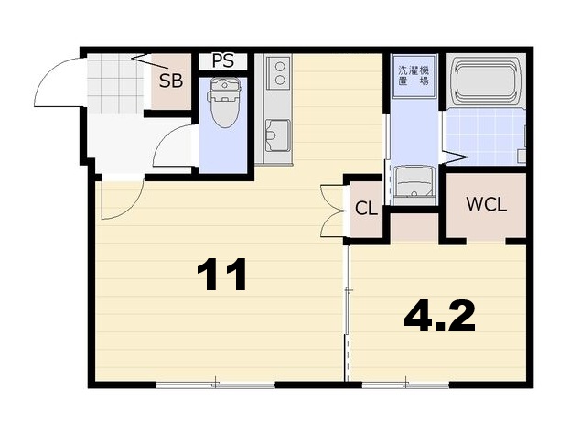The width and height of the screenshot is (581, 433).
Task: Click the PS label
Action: [x=222, y=60]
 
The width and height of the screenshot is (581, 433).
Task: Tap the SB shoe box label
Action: [x=171, y=81]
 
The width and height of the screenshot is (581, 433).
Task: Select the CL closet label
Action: [x=366, y=209]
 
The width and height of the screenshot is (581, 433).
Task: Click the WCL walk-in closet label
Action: [x=486, y=204]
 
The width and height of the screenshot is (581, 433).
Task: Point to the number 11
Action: [x=221, y=275]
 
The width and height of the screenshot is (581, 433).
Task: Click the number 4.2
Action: [x=439, y=316]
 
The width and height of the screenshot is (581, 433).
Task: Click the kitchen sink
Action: [x=277, y=135]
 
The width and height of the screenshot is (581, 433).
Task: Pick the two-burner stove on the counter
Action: [x=279, y=72]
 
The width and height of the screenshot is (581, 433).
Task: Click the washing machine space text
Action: [x=414, y=76]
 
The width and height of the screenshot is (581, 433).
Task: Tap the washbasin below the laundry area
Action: [x=414, y=185]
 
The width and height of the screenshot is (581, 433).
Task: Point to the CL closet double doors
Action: [x=332, y=211]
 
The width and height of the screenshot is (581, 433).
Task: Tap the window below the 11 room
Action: [x=215, y=385]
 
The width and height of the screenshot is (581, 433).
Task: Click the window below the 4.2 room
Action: [x=405, y=385]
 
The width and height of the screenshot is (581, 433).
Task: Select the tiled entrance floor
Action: [x=115, y=84]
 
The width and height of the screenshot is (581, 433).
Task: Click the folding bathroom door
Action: [x=455, y=157]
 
